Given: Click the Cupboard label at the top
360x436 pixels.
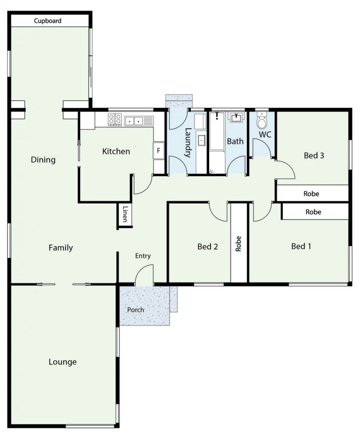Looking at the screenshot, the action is pyautogui.click(x=48, y=20).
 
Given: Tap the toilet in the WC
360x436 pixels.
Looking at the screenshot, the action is pyautogui.click(x=262, y=120).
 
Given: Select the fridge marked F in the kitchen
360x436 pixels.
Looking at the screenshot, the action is pyautogui.click(x=158, y=151).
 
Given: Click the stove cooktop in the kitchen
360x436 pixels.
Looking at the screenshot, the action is pyautogui.click(x=115, y=119).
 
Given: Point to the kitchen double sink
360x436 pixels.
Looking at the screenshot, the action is pyautogui.click(x=134, y=121).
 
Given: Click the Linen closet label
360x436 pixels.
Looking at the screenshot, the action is pyautogui.click(x=125, y=214).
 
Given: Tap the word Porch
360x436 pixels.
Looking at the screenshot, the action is pyautogui.click(x=135, y=310).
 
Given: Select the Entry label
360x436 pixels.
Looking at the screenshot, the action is pyautogui.click(x=143, y=256).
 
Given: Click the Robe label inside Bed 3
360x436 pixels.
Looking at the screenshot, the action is pyautogui.click(x=311, y=194).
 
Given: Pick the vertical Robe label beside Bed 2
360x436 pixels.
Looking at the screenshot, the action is pyautogui.click(x=238, y=244).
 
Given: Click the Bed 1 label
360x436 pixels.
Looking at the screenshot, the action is pyautogui.click(x=301, y=246).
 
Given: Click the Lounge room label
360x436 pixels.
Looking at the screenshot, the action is pyautogui.click(x=63, y=362).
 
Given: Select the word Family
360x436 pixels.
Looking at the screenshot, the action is pyautogui.click(x=60, y=247).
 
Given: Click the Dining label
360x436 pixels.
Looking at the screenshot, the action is pyautogui.click(x=43, y=160).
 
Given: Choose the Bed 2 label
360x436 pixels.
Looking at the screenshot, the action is pyautogui.click(x=207, y=247).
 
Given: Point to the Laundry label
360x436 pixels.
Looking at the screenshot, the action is pyautogui.click(x=188, y=142).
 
